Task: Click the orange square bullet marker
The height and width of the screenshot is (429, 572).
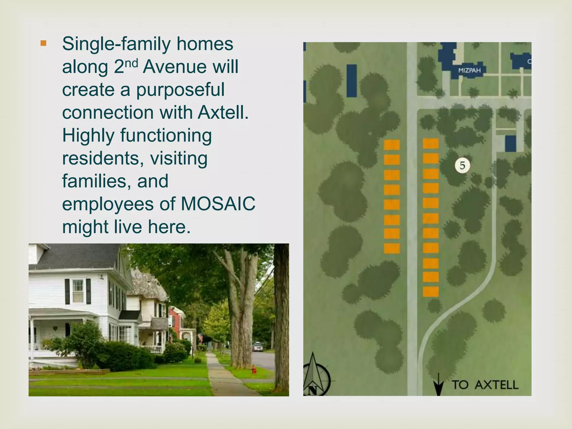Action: click(43, 43)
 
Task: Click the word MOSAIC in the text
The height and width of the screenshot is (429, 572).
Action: click(218, 204)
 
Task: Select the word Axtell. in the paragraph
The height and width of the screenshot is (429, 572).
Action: click(223, 113)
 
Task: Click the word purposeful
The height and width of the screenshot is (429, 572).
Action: click(180, 90)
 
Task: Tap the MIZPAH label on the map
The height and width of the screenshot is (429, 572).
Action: click(469, 70)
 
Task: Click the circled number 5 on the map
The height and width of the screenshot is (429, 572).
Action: click(462, 166)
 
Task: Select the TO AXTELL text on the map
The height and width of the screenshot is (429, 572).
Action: click(485, 385)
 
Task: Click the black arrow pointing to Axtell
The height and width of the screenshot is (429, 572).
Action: click(438, 384)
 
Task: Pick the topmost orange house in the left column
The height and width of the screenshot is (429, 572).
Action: click(392, 145)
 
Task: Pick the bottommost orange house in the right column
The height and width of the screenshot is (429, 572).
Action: click(430, 292)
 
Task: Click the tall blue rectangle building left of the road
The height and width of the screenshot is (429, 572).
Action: click(352, 81)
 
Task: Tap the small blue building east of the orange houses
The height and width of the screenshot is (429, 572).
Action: click(511, 144)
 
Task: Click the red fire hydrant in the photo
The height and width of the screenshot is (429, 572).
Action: click(254, 369)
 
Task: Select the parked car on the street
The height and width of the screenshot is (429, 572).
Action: click(258, 347)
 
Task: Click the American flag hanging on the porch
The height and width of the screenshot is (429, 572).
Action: click(200, 337)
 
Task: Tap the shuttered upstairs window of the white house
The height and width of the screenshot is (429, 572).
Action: click(78, 291)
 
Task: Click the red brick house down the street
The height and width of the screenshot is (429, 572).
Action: click(177, 318)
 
